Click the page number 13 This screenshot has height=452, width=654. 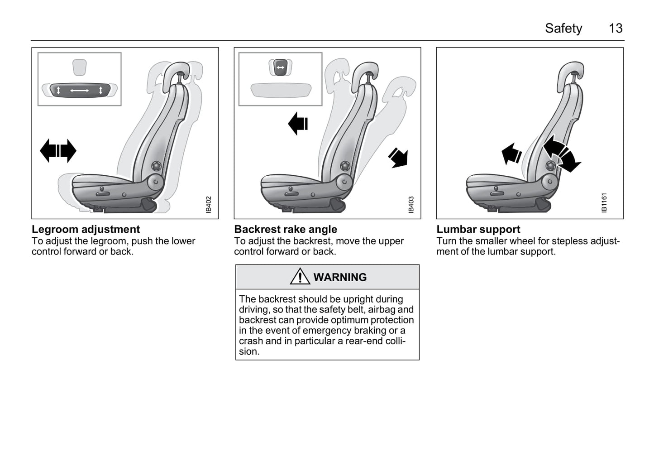pyautogui.click(x=616, y=29)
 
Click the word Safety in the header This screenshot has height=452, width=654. pyautogui.click(x=563, y=29)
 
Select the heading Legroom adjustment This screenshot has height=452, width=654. pyautogui.click(x=86, y=229)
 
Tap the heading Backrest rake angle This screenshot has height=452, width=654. pyautogui.click(x=285, y=229)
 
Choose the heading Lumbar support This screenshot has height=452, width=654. pyautogui.click(x=478, y=229)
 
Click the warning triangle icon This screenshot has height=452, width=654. pyautogui.click(x=300, y=276)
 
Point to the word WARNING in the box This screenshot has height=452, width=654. pyautogui.click(x=339, y=277)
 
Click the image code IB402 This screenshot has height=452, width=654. pyautogui.click(x=208, y=205)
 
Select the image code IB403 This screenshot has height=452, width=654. pyautogui.click(x=411, y=205)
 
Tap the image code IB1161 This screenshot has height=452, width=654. pyautogui.click(x=604, y=203)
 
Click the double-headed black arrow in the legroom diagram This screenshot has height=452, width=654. pyautogui.click(x=58, y=151)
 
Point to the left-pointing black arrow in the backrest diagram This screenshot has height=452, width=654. pyautogui.click(x=298, y=124)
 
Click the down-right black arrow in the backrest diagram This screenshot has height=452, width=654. pyautogui.click(x=399, y=158)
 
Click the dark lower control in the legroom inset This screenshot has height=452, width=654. pyautogui.click(x=80, y=91)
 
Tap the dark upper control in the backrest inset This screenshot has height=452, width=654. pyautogui.click(x=280, y=67)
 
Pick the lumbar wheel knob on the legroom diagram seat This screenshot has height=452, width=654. pyautogui.click(x=157, y=166)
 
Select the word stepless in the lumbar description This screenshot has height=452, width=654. pyautogui.click(x=569, y=241)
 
